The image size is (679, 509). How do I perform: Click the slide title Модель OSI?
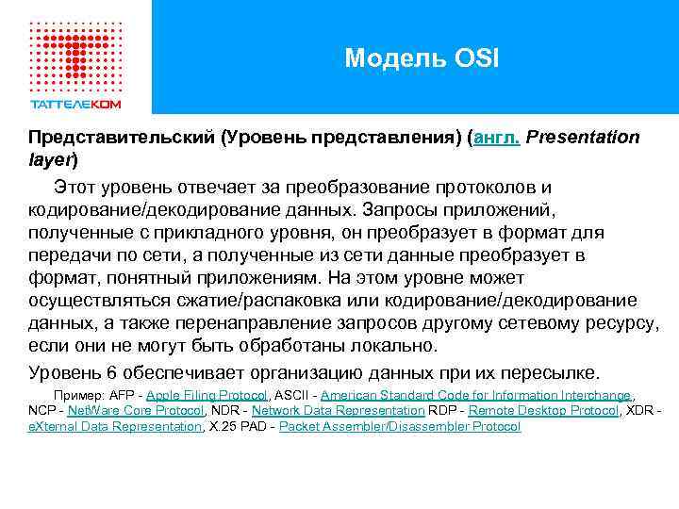click(422, 59)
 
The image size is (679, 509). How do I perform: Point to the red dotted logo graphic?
click(75, 47)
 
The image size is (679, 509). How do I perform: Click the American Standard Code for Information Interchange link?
click(475, 395)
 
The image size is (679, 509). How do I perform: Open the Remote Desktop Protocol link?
click(543, 411)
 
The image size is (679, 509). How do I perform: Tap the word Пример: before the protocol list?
click(80, 395)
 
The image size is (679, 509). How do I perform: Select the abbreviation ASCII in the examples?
click(290, 395)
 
